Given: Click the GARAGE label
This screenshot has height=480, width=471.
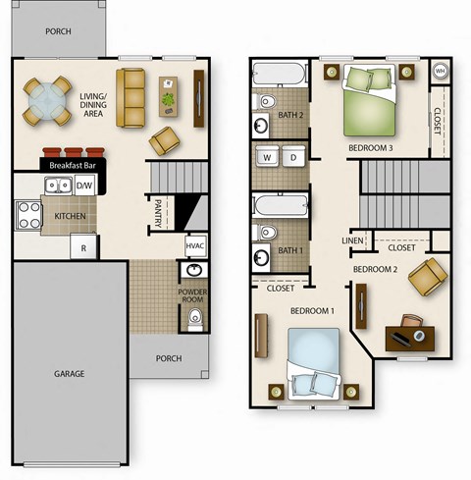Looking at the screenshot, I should (69, 373).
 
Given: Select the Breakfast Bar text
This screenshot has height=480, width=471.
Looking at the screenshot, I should (72, 167).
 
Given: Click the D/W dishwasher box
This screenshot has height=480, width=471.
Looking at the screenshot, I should (84, 185).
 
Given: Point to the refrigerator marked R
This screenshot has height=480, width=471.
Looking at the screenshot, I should (84, 247).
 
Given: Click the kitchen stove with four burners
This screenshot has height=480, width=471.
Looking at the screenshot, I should (27, 214).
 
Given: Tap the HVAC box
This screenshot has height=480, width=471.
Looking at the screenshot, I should (195, 245).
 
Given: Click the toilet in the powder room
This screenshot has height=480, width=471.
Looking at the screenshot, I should (194, 316).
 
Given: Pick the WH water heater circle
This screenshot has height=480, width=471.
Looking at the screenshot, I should (440, 72).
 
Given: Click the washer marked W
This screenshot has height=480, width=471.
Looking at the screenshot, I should (267, 157).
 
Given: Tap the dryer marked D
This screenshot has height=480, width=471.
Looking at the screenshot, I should (293, 157).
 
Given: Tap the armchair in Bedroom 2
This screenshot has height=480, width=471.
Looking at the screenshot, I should (427, 277).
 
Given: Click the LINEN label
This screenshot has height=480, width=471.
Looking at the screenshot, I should (352, 240).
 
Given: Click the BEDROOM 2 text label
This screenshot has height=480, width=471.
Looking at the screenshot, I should (375, 269).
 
